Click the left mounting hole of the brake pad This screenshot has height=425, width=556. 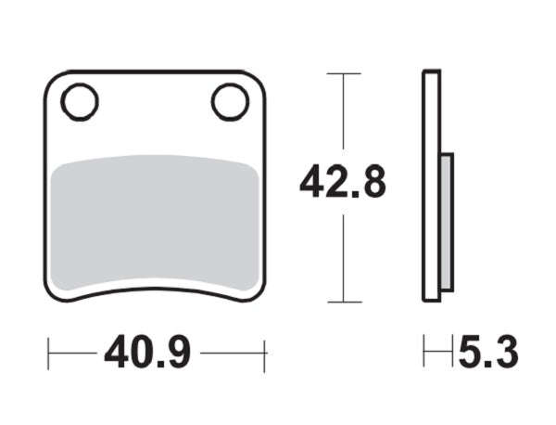click(x=80, y=101)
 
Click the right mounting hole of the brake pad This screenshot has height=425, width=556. click(x=229, y=101)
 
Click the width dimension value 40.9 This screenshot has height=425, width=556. click(x=147, y=354)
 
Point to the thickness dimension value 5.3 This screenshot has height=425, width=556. click(x=487, y=354)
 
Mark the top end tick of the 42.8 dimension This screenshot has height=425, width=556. click(x=344, y=73)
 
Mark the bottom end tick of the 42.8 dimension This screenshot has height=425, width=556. click(x=344, y=303)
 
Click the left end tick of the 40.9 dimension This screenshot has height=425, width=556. click(x=48, y=354)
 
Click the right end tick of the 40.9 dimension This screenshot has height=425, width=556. click(x=265, y=354)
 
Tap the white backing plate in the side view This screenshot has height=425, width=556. click(x=430, y=186)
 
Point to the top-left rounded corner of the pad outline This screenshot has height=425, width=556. click(x=52, y=80)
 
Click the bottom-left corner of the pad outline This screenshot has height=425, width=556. click(x=51, y=292)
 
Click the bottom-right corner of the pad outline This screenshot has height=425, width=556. click(x=259, y=292)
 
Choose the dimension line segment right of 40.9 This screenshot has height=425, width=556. click(x=232, y=354)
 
